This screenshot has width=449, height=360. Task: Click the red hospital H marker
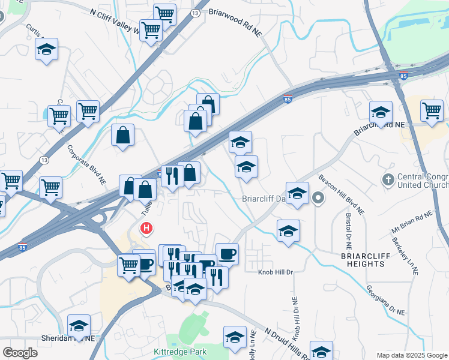click(x=146, y=229)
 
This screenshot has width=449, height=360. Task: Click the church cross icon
click(x=388, y=179)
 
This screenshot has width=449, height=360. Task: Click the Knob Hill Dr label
click(x=276, y=272)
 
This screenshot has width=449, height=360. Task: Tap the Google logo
click(x=20, y=352)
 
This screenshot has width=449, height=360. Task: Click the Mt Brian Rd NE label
click(x=412, y=222)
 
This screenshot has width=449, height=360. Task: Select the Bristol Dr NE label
click(x=349, y=231)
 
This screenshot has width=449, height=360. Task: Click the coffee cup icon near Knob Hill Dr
click(x=227, y=254)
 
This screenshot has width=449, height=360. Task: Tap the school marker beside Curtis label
click(x=46, y=51)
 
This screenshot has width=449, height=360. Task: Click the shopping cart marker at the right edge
click(x=432, y=110)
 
